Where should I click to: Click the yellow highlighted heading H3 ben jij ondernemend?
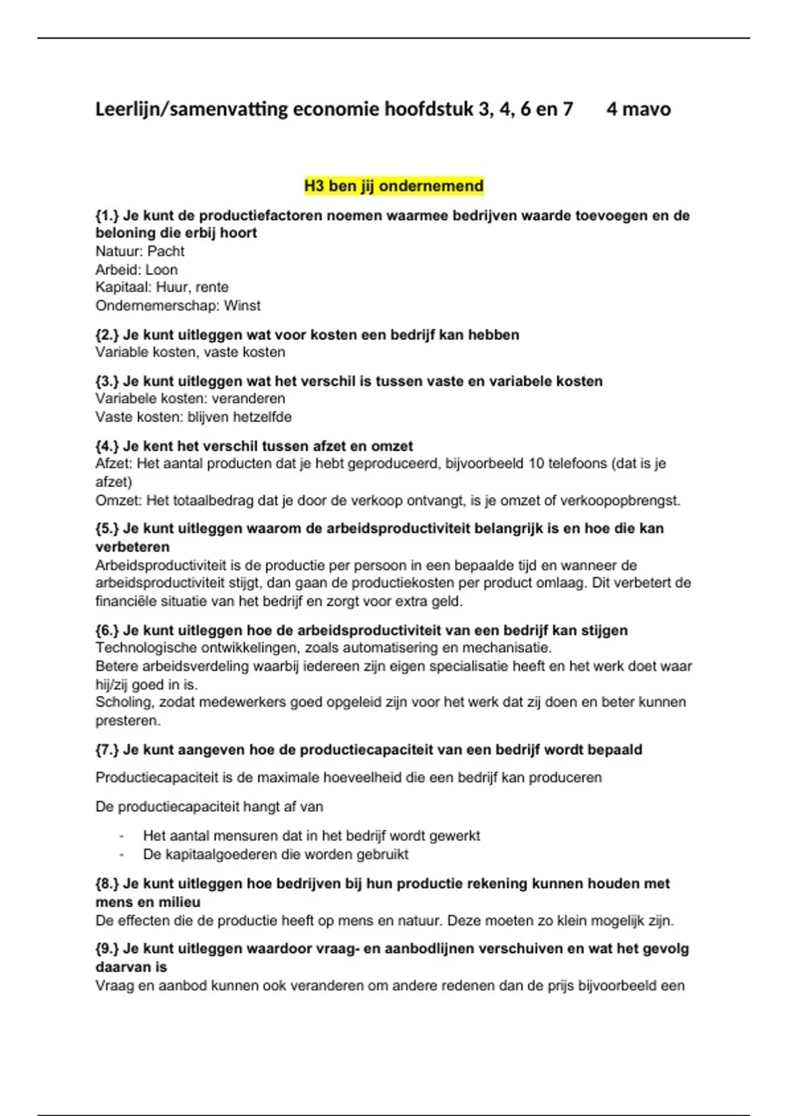point(393,186)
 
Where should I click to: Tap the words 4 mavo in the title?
point(638,109)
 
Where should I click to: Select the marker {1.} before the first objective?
point(107,215)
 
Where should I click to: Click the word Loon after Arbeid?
point(162,270)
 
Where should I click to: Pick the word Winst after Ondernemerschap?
point(242,306)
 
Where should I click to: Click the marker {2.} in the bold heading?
point(107,335)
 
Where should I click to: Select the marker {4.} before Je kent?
point(107,446)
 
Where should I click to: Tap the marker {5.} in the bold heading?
point(107,528)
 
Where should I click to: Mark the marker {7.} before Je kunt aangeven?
point(107,750)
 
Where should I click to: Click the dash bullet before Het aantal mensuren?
point(121,836)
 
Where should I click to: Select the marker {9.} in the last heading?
point(107,949)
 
